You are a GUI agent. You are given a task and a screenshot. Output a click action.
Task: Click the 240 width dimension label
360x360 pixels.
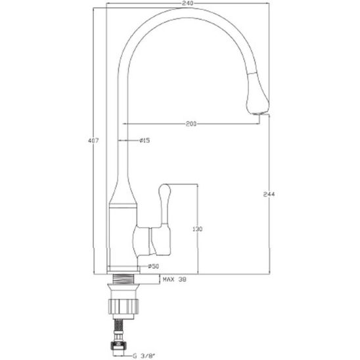coord(188,3)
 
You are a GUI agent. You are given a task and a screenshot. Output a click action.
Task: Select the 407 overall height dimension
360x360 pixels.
coord(93,141)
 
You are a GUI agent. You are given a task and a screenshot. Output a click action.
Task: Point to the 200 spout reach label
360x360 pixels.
coord(191,124)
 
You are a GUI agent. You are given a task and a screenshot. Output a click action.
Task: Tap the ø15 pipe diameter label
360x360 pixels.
coord(145,140)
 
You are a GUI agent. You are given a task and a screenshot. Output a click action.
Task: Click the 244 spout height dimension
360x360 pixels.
coord(269,194)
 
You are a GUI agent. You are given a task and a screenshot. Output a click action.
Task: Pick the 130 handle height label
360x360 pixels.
coord(198,229)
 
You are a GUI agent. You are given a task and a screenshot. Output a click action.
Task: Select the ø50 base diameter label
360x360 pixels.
coord(153,266)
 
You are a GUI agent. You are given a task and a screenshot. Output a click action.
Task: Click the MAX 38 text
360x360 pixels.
coord(175,279)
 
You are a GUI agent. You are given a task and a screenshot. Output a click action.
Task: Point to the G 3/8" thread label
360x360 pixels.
coord(144,356)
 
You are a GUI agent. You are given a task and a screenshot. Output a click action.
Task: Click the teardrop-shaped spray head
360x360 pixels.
coord(257,94)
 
